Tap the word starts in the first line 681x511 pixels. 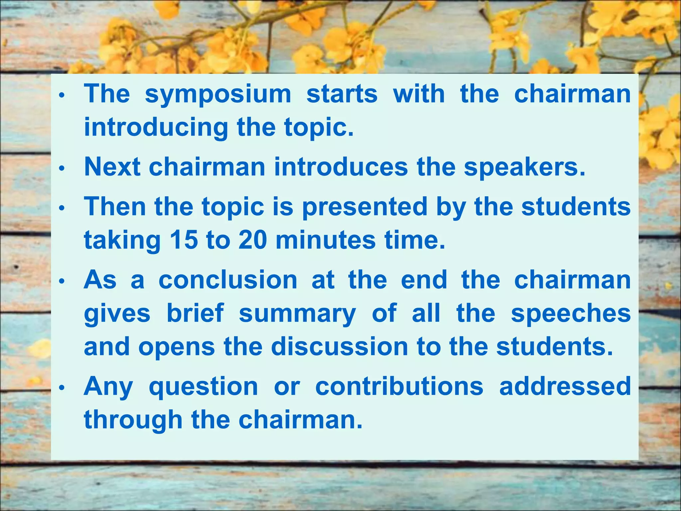[342, 94]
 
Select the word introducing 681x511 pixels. [156, 128]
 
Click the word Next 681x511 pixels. [112, 167]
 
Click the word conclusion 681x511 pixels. [228, 280]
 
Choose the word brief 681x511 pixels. [195, 313]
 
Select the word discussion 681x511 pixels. [340, 347]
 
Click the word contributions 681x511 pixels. [399, 386]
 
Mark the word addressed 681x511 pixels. [565, 386]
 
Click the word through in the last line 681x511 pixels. [133, 420]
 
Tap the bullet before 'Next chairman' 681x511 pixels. [61, 168]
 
